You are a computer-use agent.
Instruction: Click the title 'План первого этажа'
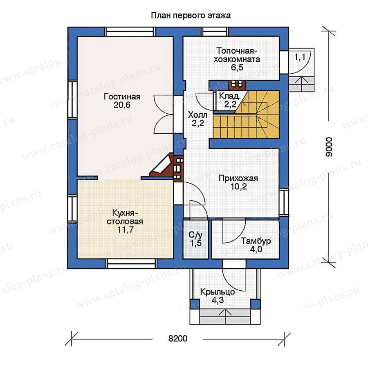click(191, 16)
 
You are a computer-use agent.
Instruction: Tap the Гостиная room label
click(122, 96)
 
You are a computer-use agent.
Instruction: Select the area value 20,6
click(122, 105)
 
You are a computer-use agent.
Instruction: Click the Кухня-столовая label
click(125, 218)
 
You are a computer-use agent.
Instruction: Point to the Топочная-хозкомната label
click(237, 55)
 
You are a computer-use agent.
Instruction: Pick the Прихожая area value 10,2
click(238, 187)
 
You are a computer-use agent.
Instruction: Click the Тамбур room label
click(256, 241)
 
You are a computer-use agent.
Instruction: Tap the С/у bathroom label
click(196, 235)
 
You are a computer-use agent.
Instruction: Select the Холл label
click(197, 115)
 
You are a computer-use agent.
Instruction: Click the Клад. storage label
click(230, 96)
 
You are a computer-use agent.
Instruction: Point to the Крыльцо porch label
click(218, 292)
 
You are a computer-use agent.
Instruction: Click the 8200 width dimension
click(178, 339)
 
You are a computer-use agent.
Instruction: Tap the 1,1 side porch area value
click(300, 57)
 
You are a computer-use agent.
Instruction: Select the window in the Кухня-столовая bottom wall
click(131, 264)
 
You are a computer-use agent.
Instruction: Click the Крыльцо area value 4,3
click(218, 300)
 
